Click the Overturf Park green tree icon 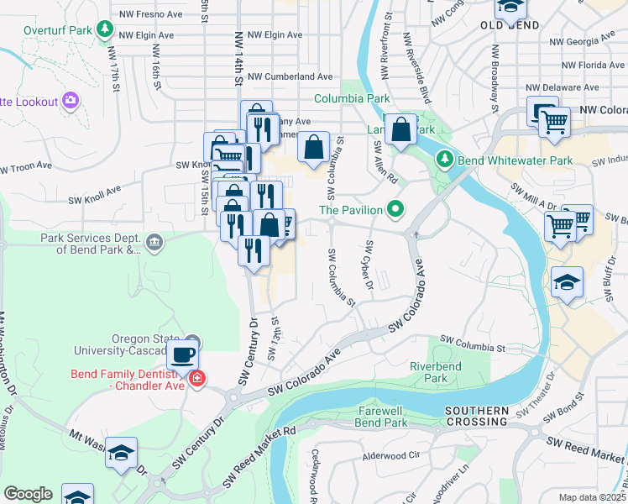(x=104, y=30)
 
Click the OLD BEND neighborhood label (x=510, y=26)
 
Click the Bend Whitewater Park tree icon (x=443, y=160)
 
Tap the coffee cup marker (x=183, y=354)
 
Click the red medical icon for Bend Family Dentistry (x=197, y=379)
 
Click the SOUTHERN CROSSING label (x=477, y=417)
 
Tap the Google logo (x=28, y=493)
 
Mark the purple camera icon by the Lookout (x=70, y=101)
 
